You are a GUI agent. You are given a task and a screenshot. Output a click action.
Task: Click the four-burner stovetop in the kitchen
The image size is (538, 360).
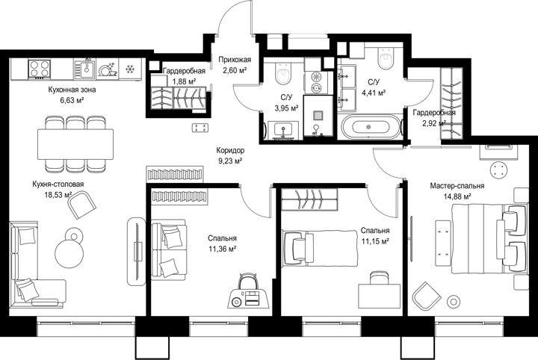pos(40,69)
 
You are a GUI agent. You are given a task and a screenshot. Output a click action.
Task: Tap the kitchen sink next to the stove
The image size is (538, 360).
pos(84,69)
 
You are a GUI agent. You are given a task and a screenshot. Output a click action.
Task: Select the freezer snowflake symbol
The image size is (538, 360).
pos(130,69)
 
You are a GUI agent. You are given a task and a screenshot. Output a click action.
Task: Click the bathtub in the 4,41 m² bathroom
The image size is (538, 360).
pos(371,127)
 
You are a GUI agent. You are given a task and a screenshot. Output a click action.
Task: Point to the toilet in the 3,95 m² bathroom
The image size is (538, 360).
pos(283,72)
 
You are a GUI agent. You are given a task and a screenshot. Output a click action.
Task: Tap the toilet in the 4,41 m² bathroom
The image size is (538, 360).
pos(386,58)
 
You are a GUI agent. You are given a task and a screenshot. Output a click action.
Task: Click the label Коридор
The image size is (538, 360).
pos(230,150)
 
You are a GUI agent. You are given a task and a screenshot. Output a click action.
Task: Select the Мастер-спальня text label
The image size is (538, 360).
pos(457,186)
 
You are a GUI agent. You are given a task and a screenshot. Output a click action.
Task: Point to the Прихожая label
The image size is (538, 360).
pos(235,60)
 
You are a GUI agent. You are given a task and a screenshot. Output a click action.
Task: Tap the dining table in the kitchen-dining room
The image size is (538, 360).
pos(75,144)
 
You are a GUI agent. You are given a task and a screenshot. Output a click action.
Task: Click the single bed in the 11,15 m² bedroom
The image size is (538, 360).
pos(320,248)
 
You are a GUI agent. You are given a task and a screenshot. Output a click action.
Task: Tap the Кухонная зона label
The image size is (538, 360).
pos(72,90)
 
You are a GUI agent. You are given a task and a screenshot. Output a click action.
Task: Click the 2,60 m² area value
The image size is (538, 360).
pos(233,70)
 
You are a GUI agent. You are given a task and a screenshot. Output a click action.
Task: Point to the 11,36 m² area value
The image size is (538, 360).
pos(222,249)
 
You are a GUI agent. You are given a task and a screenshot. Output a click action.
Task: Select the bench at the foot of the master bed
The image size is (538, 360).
pos(443,243)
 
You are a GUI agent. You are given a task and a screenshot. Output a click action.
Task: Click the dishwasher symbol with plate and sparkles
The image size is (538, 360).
pos(108,69)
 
